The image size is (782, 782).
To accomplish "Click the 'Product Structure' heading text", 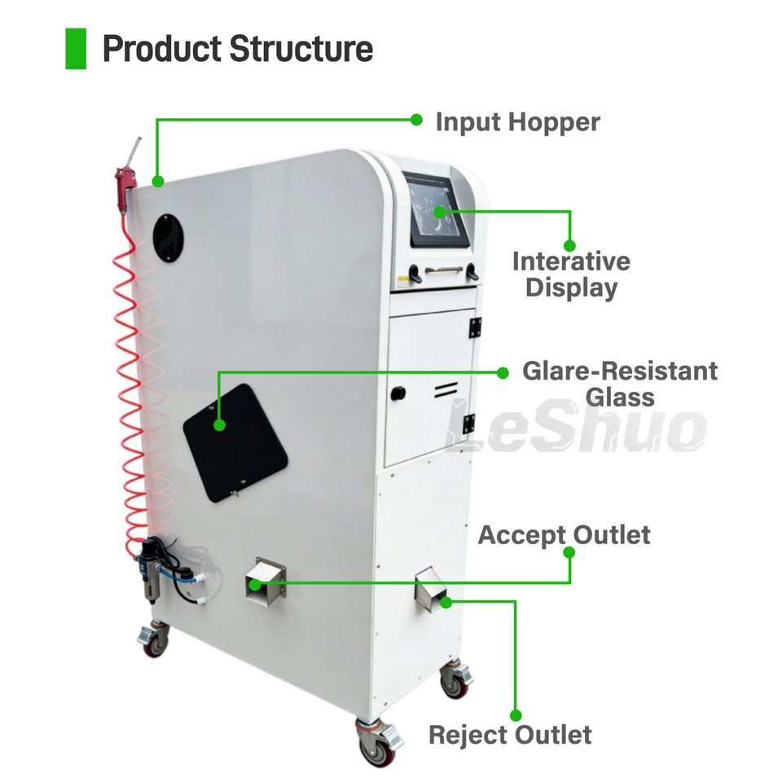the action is click(x=237, y=49).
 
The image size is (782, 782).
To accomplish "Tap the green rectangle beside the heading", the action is click(x=76, y=48).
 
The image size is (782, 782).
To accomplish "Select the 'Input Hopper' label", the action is click(x=518, y=123).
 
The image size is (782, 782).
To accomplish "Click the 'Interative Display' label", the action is click(x=572, y=275).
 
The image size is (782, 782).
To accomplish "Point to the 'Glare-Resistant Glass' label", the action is click(x=620, y=384).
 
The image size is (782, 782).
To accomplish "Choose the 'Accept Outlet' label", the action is click(x=564, y=535).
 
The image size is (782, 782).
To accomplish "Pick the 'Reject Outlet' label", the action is click(x=510, y=735).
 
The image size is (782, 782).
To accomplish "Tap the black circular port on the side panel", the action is click(x=168, y=238).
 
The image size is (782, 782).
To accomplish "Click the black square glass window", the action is click(x=235, y=443).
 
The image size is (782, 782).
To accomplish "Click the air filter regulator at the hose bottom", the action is click(x=148, y=570).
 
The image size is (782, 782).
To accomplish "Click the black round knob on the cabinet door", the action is click(x=398, y=393).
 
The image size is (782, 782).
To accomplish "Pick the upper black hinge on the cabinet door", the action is click(x=474, y=327).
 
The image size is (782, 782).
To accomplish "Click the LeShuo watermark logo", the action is click(x=576, y=427).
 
